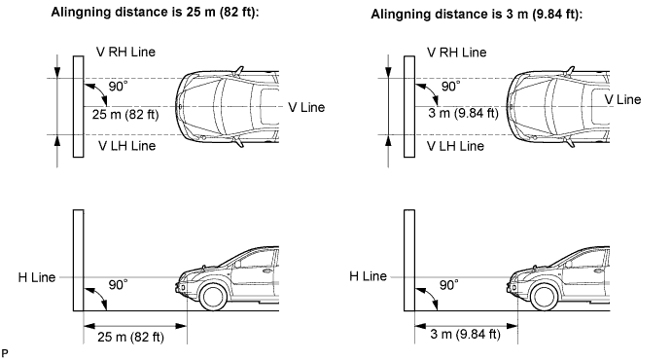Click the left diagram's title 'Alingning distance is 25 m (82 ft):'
point(156,12)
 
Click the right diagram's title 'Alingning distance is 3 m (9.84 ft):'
point(477,15)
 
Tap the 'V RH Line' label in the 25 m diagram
point(126,52)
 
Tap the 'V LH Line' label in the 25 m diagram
point(126,146)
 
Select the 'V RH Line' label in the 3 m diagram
point(457,53)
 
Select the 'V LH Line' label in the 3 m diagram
point(455,146)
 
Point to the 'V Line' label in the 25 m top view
point(306,107)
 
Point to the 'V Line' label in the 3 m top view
point(622,99)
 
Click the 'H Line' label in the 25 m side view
point(37,277)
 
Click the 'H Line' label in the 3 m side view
point(369,276)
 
